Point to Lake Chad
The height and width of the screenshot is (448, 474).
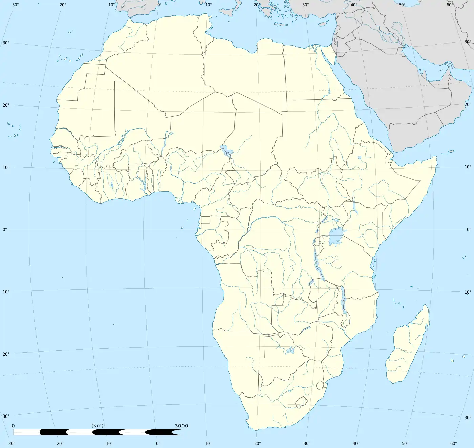pyautogui.click(x=224, y=149)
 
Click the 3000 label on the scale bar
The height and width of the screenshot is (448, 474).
pyautogui.click(x=181, y=426)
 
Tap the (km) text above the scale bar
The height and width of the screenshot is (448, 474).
pyautogui.click(x=98, y=425)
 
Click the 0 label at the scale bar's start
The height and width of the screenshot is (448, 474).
pyautogui.click(x=13, y=426)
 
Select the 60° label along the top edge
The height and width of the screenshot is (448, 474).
pyautogui.click(x=450, y=5)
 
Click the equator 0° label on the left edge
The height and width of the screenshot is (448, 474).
pyautogui.click(x=5, y=229)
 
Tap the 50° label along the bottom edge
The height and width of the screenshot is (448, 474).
pyautogui.click(x=405, y=443)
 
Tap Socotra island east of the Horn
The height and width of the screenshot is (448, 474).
pyautogui.click(x=451, y=151)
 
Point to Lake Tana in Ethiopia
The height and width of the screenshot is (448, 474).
pyautogui.click(x=359, y=158)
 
